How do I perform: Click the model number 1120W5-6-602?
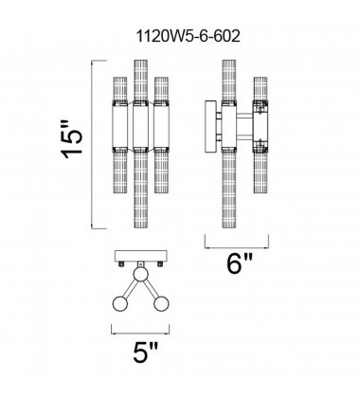click(x=189, y=37)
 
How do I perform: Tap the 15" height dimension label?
click(x=72, y=139)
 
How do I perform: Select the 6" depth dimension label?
click(x=240, y=263)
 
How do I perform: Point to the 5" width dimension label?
click(x=145, y=353)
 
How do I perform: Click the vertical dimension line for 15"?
click(x=92, y=144)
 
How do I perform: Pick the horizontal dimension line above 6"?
click(x=237, y=247)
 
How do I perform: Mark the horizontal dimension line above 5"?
click(x=140, y=334)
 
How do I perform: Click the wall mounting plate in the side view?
click(x=210, y=126)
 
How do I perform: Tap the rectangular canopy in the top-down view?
click(x=141, y=256)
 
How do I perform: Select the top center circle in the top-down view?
click(x=141, y=274)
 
